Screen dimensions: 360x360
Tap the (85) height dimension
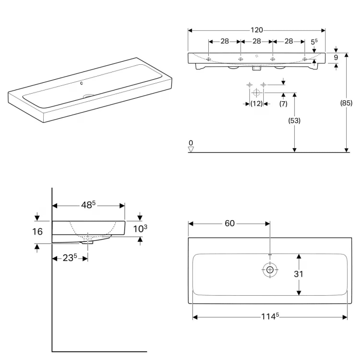(347, 103)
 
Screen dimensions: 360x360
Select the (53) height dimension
(294, 121)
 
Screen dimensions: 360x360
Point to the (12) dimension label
(256, 103)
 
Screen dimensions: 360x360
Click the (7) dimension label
(283, 103)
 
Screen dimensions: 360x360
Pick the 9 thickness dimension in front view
(336, 58)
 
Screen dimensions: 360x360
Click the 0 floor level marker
(191, 143)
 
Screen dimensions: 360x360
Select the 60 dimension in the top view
(229, 223)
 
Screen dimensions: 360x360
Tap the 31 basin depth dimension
(298, 274)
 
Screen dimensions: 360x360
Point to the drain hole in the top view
(269, 269)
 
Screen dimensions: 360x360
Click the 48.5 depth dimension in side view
(89, 205)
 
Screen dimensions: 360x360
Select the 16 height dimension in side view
(38, 231)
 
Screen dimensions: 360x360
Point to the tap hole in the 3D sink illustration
(82, 82)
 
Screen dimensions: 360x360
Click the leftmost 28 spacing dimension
(225, 41)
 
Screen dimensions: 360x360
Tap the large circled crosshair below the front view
(256, 93)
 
